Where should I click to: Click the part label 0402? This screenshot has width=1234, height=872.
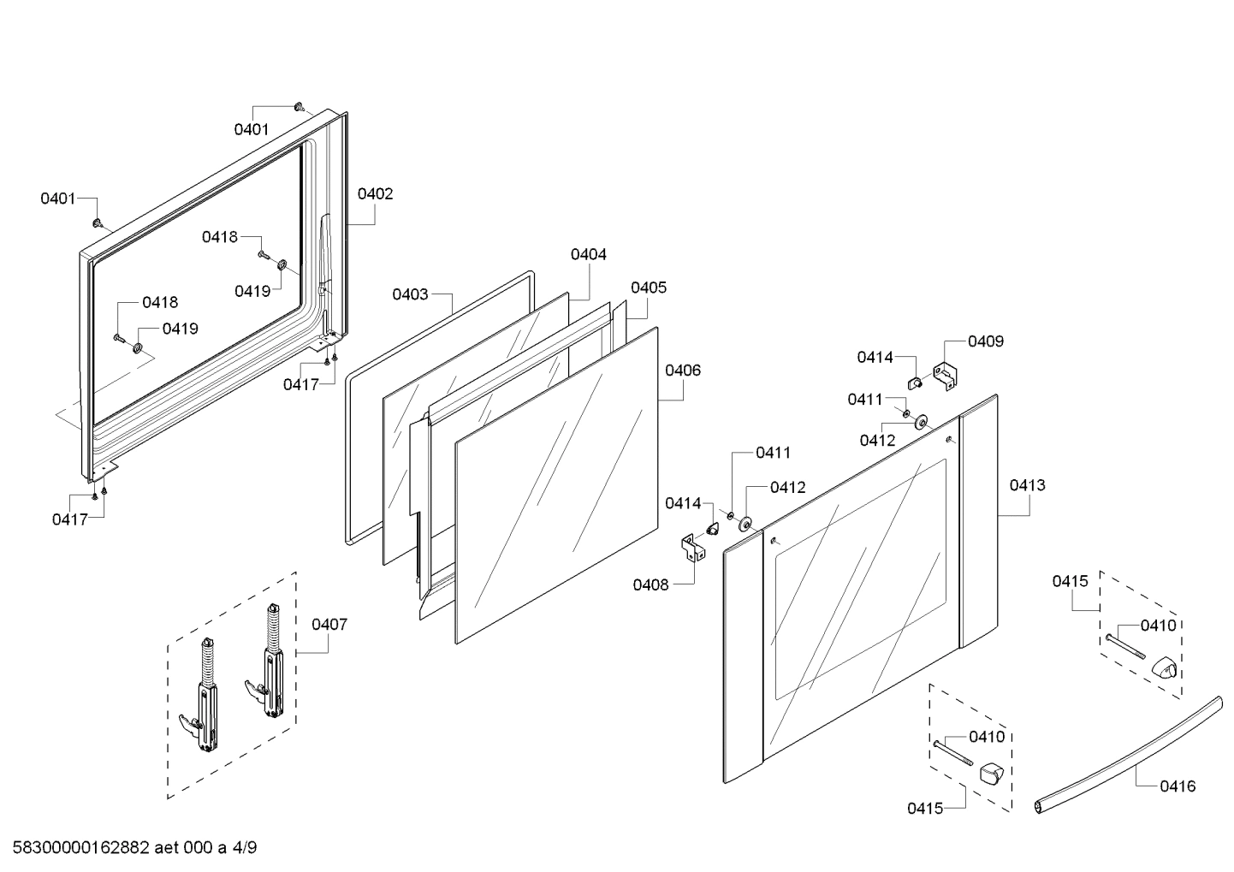[375, 193]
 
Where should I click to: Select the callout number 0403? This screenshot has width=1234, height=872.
[410, 294]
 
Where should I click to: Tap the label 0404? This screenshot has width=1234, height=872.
[589, 254]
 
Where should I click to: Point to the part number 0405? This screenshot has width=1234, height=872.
[649, 288]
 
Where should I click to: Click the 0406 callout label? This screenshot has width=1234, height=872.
[683, 371]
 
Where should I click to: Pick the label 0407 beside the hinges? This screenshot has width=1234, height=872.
[329, 625]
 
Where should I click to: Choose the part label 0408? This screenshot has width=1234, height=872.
[650, 584]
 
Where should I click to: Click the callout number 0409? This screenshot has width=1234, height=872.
[986, 341]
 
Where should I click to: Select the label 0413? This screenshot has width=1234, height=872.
[1027, 485]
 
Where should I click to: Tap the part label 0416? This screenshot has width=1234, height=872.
[1178, 786]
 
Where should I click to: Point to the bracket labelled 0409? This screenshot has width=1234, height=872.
[946, 376]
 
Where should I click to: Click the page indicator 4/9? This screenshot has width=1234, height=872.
[244, 848]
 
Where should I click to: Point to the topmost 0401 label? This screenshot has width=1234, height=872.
[252, 129]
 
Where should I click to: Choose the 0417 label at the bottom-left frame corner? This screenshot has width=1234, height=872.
[69, 519]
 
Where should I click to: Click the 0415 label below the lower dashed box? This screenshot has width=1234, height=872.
[925, 808]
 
